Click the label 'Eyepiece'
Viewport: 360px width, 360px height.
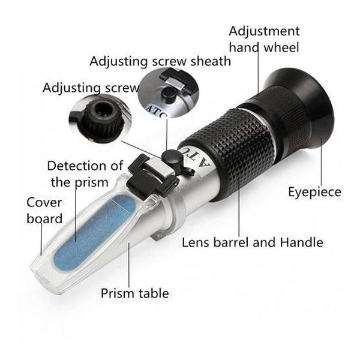(x=314, y=192)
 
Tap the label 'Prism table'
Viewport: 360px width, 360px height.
(x=135, y=293)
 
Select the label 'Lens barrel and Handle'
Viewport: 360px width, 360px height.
(x=253, y=242)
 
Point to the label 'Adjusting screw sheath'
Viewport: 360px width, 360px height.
(x=160, y=62)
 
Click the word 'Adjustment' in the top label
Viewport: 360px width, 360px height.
(x=264, y=31)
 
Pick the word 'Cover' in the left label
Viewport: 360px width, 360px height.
(x=44, y=203)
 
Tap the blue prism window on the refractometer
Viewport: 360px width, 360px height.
(x=95, y=232)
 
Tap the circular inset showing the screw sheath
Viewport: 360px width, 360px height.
(x=168, y=92)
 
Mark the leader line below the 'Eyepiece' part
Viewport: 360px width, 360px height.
(x=322, y=161)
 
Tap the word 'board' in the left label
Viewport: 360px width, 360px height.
(x=44, y=218)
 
